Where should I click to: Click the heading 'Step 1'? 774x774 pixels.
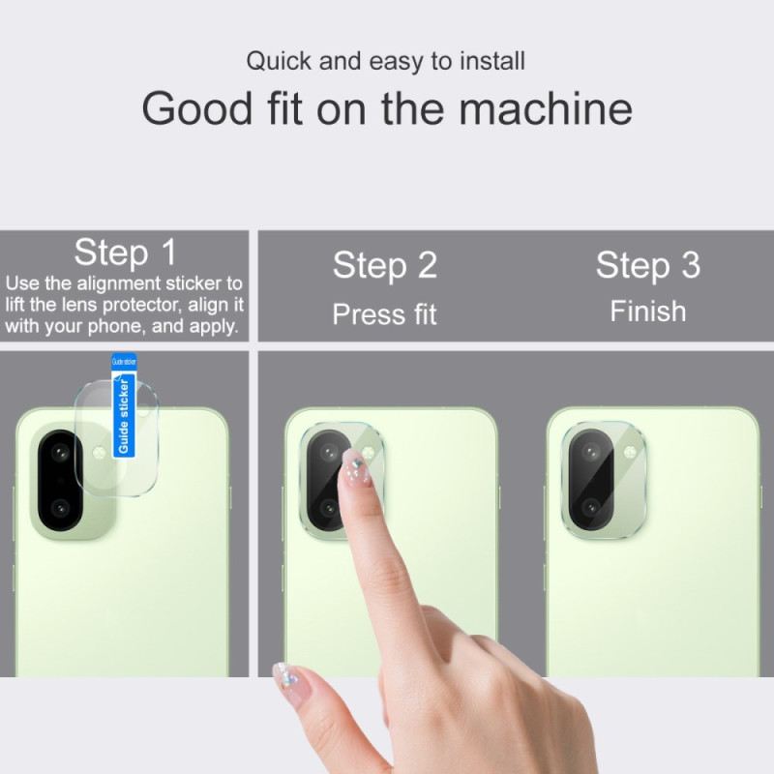(126, 253)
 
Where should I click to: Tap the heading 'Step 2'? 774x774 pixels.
(384, 266)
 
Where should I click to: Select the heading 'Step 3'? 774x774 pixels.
(647, 265)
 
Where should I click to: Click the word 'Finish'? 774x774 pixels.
(647, 312)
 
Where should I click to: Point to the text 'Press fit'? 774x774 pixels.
(384, 314)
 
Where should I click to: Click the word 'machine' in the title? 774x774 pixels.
(546, 108)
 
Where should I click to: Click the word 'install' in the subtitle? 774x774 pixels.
(491, 62)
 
